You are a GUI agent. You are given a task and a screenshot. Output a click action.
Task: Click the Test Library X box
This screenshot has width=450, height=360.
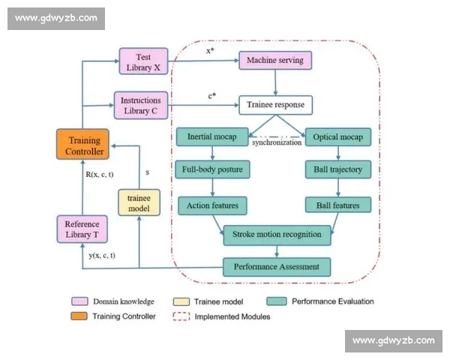[x=143, y=61]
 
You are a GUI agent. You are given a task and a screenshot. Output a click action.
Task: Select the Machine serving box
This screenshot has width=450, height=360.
[x=275, y=60]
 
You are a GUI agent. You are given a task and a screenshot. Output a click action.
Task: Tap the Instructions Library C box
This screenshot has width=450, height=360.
[x=141, y=105]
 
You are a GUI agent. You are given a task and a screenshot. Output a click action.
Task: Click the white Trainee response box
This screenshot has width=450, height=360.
[x=275, y=105]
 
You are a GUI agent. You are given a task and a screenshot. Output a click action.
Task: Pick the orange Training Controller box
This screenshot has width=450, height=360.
[x=83, y=144]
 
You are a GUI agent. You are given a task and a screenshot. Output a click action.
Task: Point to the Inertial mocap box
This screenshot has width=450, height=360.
[x=212, y=136]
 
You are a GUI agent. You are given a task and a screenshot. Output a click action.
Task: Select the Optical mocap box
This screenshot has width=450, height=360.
[x=337, y=137]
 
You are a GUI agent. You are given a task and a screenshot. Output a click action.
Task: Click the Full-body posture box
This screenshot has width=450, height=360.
[x=212, y=169]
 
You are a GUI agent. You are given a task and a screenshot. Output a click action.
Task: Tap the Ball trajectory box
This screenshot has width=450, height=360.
[x=337, y=169]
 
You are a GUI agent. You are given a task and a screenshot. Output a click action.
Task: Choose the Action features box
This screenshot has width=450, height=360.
[x=212, y=205]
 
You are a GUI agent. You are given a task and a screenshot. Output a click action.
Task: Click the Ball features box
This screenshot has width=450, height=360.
[x=337, y=205]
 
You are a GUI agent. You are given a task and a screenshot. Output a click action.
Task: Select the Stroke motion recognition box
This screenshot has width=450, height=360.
[x=277, y=235]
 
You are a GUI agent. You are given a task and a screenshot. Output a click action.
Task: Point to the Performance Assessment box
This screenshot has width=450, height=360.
[x=277, y=267]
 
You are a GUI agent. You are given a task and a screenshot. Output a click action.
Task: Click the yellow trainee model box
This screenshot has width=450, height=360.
[x=139, y=202]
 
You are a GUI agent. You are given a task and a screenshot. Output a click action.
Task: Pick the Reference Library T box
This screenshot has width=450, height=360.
[x=82, y=229]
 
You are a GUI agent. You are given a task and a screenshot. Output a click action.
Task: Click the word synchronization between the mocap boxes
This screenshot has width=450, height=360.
[x=277, y=142]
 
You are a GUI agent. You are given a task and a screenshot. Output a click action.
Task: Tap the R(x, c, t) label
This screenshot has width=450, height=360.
[x=100, y=174]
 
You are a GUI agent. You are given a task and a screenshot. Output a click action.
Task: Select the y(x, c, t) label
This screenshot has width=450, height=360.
[x=102, y=255]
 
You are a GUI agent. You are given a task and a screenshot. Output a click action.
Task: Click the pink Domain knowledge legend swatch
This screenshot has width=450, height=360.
[x=79, y=301]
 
